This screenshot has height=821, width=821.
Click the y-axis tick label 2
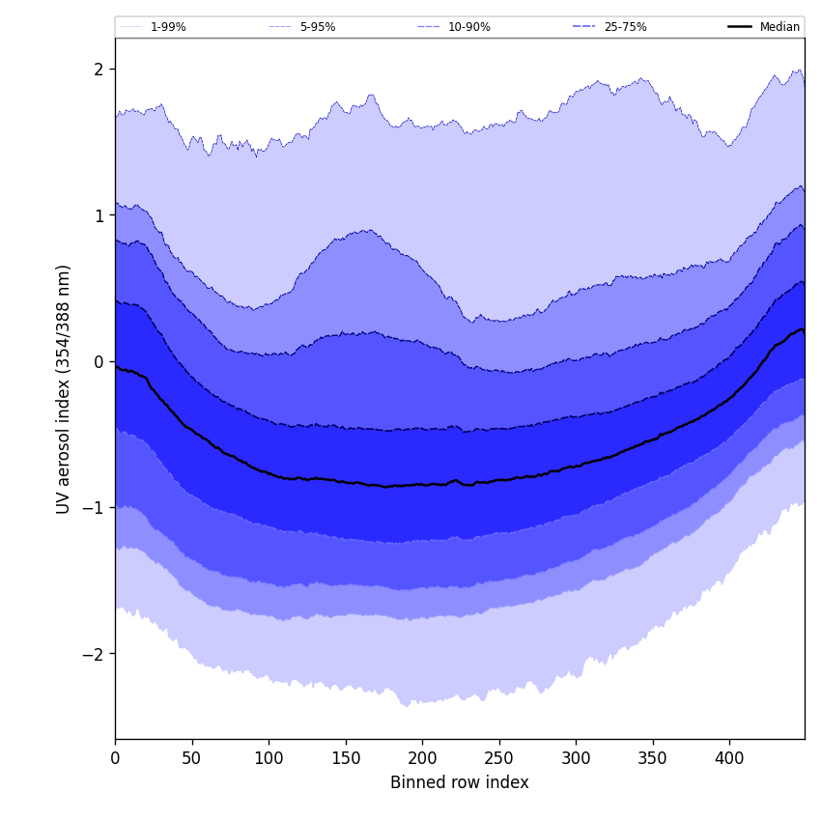coord(99,70)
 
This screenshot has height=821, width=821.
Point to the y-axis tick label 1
coord(99,215)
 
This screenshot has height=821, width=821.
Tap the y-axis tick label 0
coord(99,362)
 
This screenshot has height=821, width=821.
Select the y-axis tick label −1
coord(93,508)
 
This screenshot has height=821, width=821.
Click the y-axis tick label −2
coord(93,654)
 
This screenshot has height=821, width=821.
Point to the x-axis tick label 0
coord(115,757)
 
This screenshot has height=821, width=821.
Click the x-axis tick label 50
coord(191,757)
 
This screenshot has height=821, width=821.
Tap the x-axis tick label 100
coord(269,757)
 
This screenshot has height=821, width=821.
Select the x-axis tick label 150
coord(345,757)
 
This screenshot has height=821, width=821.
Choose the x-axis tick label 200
coord(422,757)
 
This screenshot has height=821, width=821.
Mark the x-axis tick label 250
coord(498,757)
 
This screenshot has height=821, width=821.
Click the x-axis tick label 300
coord(576,757)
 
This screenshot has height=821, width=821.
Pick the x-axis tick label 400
coord(729,757)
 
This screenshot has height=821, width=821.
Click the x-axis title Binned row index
coord(460,782)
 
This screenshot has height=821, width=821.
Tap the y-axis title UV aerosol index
coord(64,389)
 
